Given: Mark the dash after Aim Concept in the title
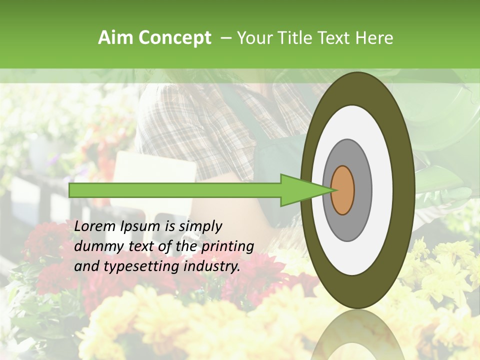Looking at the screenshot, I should (x=225, y=38).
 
